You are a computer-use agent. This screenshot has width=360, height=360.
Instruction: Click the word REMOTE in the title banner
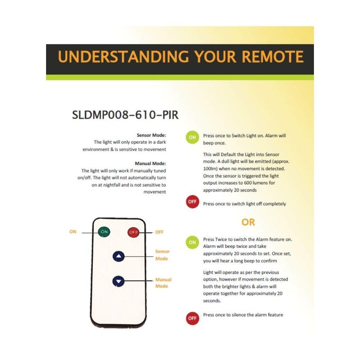[273, 57]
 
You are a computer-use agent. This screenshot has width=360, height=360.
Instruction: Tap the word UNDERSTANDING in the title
[121, 57]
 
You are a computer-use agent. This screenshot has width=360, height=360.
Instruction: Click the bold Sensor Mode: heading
[151, 135]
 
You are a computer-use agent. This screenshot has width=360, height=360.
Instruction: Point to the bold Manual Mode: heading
[150, 163]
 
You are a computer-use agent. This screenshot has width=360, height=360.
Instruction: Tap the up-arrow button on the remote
[118, 256]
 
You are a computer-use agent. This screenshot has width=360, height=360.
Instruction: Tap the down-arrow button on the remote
[118, 281]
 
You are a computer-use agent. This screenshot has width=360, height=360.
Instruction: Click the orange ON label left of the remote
[73, 232]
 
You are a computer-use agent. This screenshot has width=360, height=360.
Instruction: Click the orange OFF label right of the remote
[159, 232]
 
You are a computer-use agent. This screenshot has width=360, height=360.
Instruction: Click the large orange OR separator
[248, 222]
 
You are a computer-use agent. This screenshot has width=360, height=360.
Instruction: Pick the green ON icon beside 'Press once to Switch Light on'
[192, 138]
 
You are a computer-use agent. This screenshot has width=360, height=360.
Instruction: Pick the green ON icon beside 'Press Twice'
[192, 242]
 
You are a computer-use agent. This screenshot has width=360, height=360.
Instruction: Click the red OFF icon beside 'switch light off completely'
[192, 202]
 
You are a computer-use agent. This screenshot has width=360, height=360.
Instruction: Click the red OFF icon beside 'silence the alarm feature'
[192, 318]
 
